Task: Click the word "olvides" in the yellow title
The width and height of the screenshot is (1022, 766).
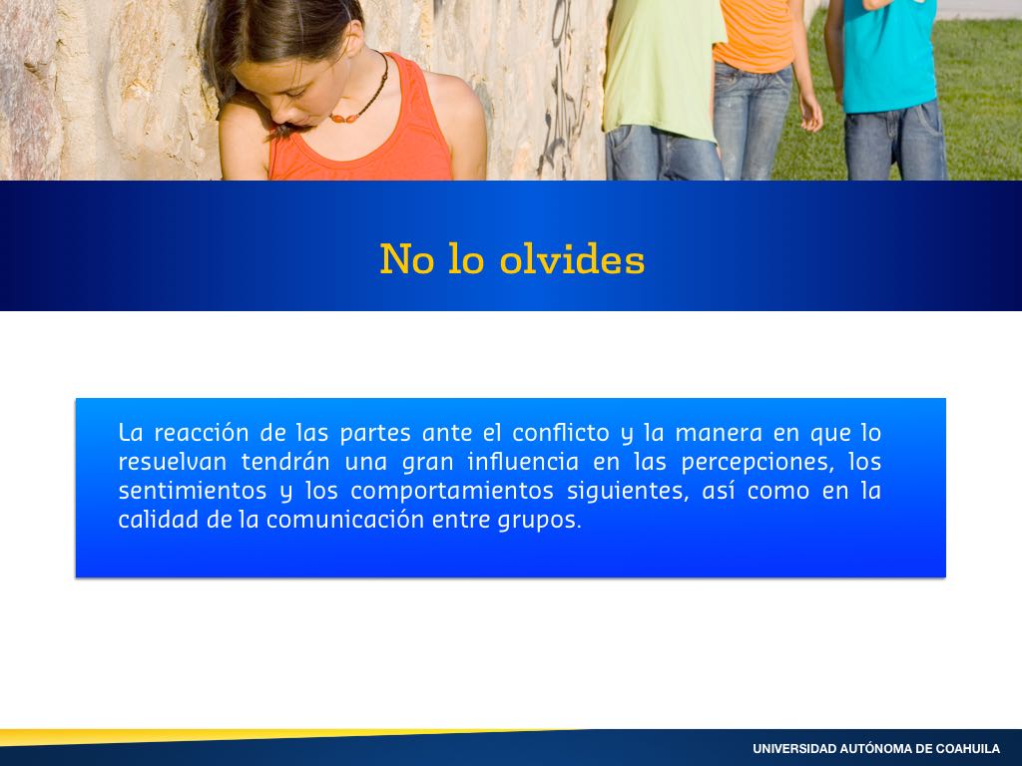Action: [572, 258]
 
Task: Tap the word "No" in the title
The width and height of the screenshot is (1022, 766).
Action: [407, 258]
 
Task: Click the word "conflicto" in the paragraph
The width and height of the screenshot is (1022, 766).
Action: [561, 433]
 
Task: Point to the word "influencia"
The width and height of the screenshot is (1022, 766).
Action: [523, 462]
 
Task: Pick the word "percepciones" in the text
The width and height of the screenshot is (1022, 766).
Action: [758, 463]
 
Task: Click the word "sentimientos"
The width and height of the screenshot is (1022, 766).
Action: [193, 491]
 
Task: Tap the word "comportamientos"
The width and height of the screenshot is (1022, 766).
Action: [452, 492]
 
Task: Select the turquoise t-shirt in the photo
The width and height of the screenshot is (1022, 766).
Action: [889, 56]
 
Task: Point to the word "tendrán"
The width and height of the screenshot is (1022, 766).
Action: [285, 462]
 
